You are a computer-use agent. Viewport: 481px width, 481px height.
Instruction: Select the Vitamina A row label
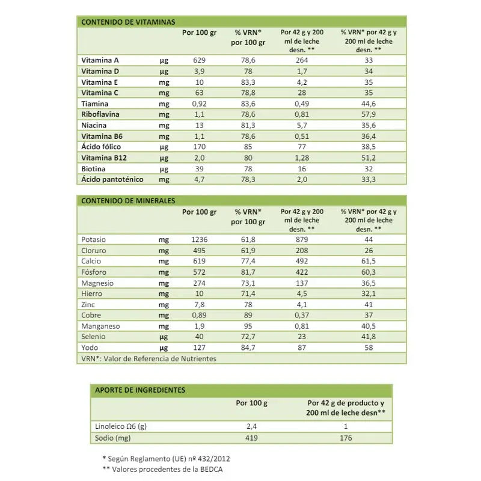[x=100, y=60]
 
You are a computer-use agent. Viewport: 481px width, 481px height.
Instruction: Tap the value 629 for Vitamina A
[x=200, y=60]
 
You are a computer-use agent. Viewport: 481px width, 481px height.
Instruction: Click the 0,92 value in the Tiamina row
[x=200, y=104]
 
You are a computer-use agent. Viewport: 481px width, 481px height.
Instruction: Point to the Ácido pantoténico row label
[x=114, y=179]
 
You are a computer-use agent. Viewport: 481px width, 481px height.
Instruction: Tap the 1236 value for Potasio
[x=200, y=239]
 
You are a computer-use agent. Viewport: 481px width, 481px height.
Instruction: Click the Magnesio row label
[x=97, y=283]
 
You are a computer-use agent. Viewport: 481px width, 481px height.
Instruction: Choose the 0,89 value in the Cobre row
[x=200, y=315]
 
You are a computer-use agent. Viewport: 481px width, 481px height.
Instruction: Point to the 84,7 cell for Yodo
[x=248, y=348]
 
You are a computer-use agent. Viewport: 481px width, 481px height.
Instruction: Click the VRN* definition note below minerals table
[x=148, y=359]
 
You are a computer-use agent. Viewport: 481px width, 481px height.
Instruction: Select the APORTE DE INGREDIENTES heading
[x=140, y=390]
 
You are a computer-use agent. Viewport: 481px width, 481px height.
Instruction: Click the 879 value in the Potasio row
[x=302, y=239]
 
